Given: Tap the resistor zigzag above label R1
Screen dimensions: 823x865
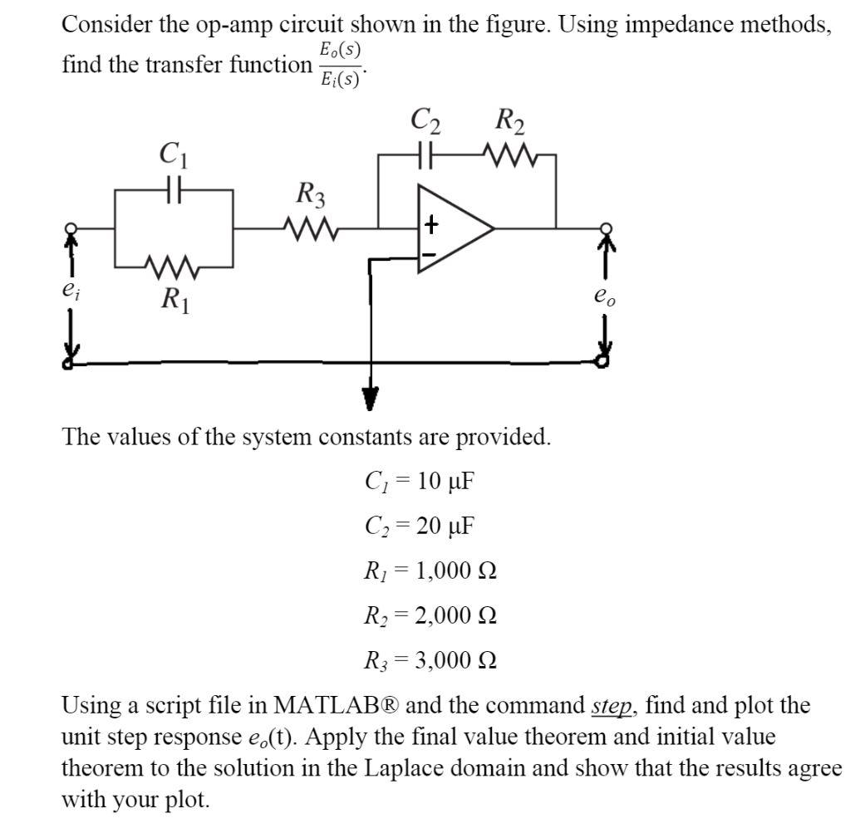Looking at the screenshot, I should pyautogui.click(x=173, y=267).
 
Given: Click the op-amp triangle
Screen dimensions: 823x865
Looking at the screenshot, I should pyautogui.click(x=453, y=228).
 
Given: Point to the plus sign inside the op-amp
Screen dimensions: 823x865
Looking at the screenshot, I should pyautogui.click(x=431, y=223).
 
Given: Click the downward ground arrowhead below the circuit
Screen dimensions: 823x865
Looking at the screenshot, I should pyautogui.click(x=369, y=400).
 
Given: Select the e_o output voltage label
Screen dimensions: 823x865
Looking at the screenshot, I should pyautogui.click(x=606, y=296).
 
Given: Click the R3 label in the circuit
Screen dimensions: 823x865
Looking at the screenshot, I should pyautogui.click(x=311, y=197).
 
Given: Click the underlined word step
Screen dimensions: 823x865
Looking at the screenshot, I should pyautogui.click(x=612, y=707).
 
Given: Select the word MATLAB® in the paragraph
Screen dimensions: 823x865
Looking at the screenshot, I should pyautogui.click(x=337, y=707).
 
